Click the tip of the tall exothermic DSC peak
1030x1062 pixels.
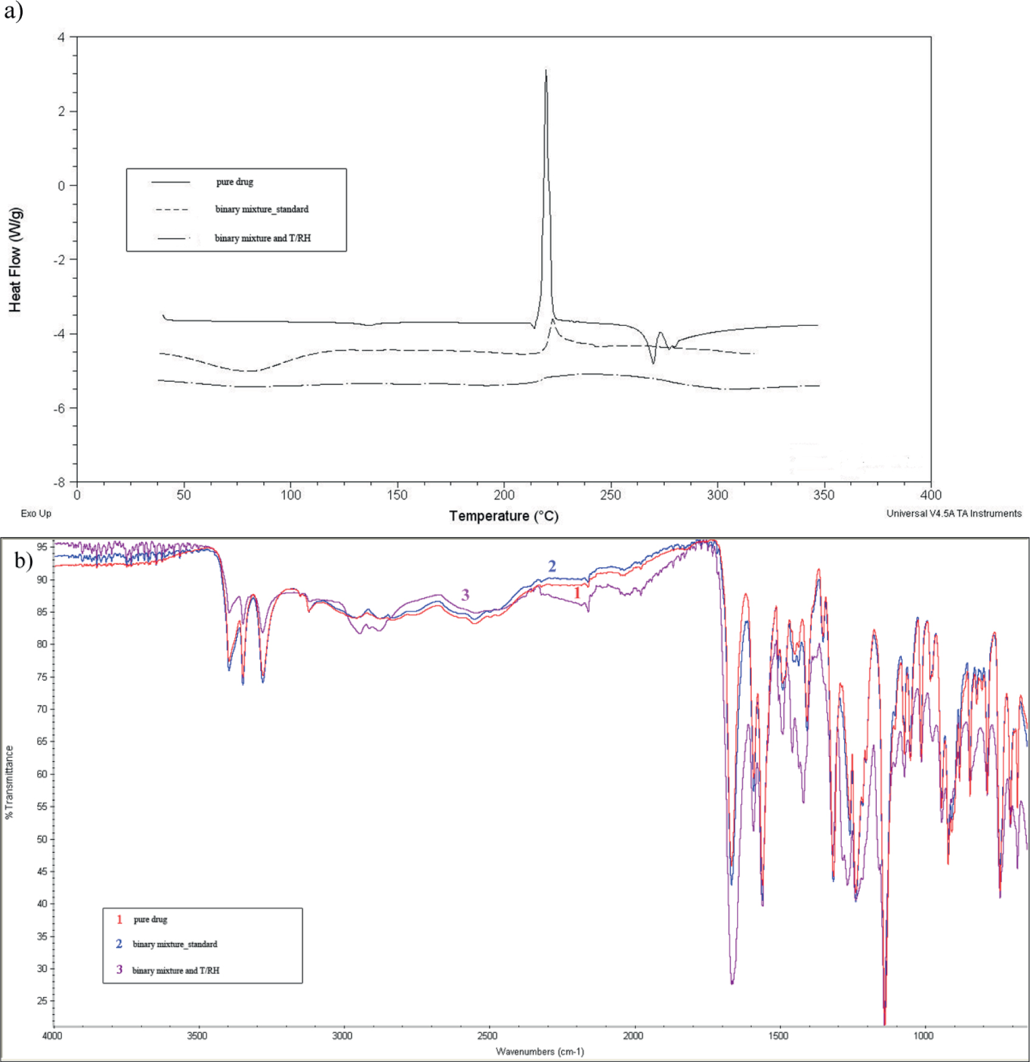click(546, 71)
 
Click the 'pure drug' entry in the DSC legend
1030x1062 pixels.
click(235, 182)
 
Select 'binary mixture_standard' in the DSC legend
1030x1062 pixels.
click(261, 209)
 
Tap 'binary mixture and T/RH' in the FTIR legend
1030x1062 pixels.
click(176, 970)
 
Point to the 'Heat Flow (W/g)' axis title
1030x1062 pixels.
click(15, 260)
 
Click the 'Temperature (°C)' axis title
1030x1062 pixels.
click(503, 516)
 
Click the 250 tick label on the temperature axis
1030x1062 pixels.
click(610, 495)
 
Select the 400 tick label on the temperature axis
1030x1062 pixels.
click(930, 495)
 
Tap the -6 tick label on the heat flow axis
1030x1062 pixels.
click(59, 409)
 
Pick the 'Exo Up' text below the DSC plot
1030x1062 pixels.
click(36, 514)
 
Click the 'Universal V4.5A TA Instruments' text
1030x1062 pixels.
click(953, 514)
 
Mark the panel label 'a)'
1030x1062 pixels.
click(13, 10)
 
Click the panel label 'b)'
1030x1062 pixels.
click(24, 560)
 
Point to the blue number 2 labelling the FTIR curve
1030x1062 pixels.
click(552, 567)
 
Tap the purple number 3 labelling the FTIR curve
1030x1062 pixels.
click(465, 595)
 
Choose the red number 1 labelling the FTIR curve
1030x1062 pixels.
click(577, 593)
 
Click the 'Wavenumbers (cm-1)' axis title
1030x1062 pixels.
click(540, 1052)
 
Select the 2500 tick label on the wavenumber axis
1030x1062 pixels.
click(487, 1036)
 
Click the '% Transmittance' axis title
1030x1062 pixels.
click(9, 782)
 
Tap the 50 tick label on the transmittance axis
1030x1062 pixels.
click(42, 840)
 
